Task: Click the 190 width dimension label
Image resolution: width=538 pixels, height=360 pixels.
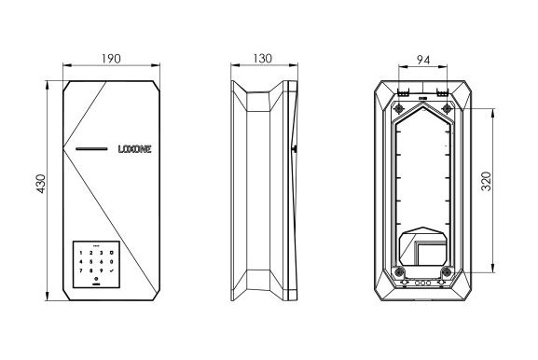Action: click(x=111, y=59)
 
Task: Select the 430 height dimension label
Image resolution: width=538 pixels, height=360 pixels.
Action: click(x=40, y=184)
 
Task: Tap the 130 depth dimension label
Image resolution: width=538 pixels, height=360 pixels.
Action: click(x=263, y=59)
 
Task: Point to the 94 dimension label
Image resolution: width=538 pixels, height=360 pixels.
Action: click(x=423, y=60)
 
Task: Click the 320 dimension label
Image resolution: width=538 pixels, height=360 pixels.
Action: click(x=486, y=181)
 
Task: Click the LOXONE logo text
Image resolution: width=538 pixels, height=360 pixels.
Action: click(x=134, y=149)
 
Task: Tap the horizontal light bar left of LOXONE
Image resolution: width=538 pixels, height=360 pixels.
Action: click(x=91, y=149)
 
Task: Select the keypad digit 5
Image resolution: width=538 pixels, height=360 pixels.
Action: click(x=91, y=262)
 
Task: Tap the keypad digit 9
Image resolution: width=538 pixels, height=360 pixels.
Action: click(x=102, y=270)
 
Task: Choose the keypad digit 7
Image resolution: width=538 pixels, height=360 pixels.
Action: click(x=81, y=270)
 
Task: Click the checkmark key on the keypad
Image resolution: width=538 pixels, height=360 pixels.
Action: click(x=112, y=270)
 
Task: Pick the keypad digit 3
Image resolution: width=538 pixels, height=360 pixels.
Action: click(x=102, y=253)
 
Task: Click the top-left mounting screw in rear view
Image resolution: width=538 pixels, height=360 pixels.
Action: click(x=399, y=109)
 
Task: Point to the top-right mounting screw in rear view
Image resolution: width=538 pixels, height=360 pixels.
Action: click(x=447, y=109)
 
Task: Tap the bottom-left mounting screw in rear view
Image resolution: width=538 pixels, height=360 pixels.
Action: click(x=399, y=272)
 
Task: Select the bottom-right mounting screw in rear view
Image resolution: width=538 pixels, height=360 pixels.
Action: click(x=447, y=272)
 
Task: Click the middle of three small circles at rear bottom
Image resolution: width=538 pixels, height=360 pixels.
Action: click(x=422, y=284)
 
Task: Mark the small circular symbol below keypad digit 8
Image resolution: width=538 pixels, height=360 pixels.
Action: click(x=96, y=279)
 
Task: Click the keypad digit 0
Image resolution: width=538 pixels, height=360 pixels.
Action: click(x=112, y=262)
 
